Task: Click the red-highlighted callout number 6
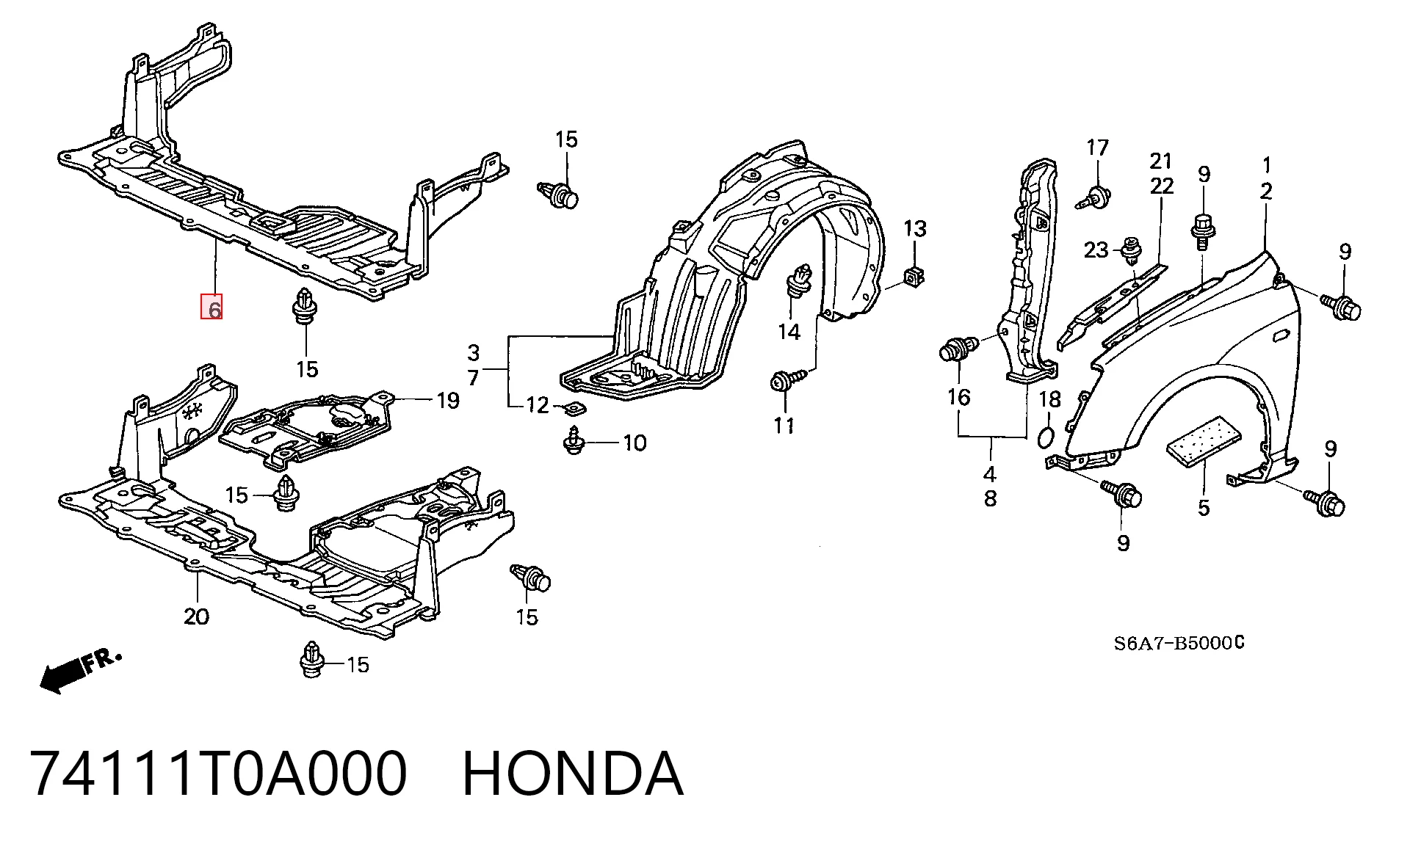(x=212, y=307)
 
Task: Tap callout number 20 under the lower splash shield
(x=196, y=616)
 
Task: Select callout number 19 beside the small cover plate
(x=448, y=401)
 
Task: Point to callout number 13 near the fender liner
(x=915, y=229)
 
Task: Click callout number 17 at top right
(x=1097, y=148)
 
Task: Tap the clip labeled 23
(x=1132, y=250)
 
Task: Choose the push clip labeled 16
(x=958, y=348)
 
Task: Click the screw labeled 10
(x=574, y=442)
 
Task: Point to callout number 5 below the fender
(x=1203, y=508)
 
